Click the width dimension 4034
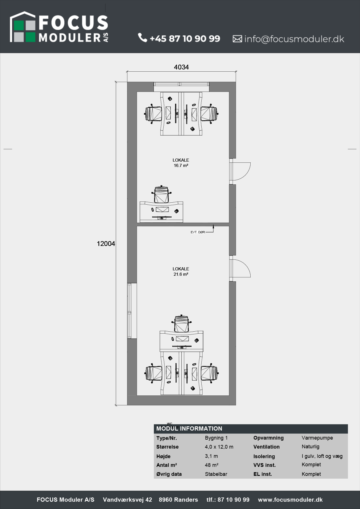pyautogui.click(x=181, y=67)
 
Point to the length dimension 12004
pyautogui.click(x=106, y=244)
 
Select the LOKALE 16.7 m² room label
pyautogui.click(x=181, y=163)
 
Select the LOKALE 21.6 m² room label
pyautogui.click(x=181, y=272)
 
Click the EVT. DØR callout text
pyautogui.click(x=198, y=232)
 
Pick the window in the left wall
pyautogui.click(x=130, y=311)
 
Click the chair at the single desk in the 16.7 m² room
pyautogui.click(x=161, y=194)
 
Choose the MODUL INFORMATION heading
pyautogui.click(x=189, y=429)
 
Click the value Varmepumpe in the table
pyautogui.click(x=317, y=438)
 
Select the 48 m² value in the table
pyautogui.click(x=211, y=465)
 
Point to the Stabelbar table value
pyautogui.click(x=216, y=474)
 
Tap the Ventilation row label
pyautogui.click(x=266, y=447)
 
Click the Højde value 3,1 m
pyautogui.click(x=211, y=456)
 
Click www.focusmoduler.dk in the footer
pyautogui.click(x=290, y=500)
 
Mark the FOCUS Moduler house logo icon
pyautogui.click(x=23, y=27)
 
